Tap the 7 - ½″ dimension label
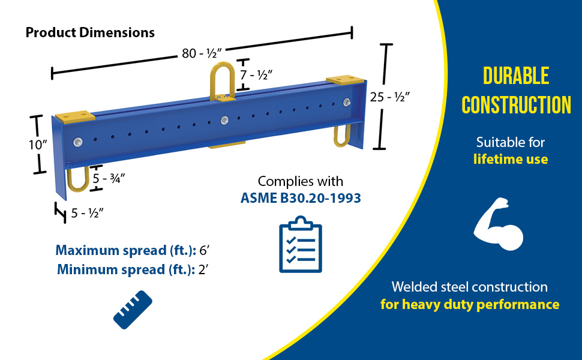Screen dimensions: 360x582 (x=256, y=75)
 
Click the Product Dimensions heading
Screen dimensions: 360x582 (x=90, y=32)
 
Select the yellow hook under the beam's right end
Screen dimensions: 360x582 (x=343, y=134)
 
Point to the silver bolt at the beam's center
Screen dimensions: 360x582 (x=224, y=120)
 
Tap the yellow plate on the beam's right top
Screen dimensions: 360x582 (x=344, y=79)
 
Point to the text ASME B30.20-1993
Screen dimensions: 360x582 (x=301, y=197)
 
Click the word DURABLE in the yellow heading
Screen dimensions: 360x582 (x=516, y=76)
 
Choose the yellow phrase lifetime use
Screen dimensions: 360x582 (x=510, y=159)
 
